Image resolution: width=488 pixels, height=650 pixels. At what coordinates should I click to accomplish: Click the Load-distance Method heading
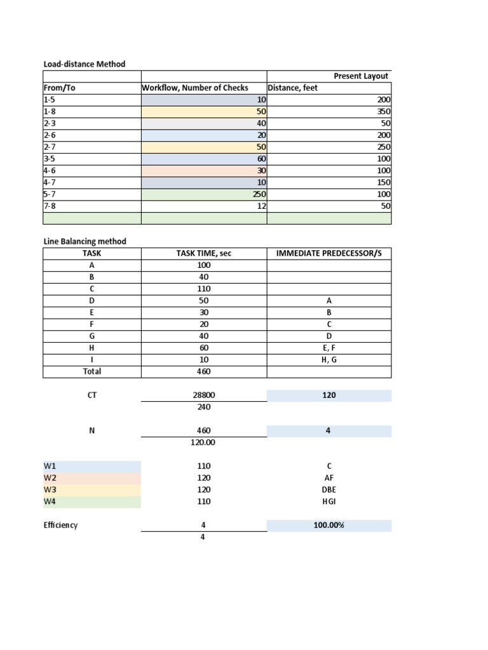click(84, 64)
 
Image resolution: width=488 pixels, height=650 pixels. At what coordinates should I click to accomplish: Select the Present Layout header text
click(361, 76)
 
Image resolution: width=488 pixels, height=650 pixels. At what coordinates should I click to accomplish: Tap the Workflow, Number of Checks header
click(195, 88)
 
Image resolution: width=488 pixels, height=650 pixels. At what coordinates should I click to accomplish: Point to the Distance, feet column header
click(293, 88)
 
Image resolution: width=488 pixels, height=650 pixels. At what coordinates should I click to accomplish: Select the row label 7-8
click(50, 206)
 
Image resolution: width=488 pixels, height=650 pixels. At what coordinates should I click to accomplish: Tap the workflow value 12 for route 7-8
click(261, 206)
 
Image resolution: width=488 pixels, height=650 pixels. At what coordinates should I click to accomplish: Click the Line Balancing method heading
click(85, 241)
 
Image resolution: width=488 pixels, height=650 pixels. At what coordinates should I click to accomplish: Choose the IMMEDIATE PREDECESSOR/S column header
click(329, 253)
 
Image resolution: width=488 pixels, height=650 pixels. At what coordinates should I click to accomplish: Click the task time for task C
click(204, 289)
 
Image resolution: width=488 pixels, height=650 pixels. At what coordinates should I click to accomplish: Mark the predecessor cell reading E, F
click(329, 348)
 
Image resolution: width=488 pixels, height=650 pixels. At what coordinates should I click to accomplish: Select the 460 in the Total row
click(204, 371)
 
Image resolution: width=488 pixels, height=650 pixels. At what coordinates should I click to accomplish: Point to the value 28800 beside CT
click(204, 395)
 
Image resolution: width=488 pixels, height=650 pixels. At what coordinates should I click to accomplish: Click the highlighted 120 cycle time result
click(329, 395)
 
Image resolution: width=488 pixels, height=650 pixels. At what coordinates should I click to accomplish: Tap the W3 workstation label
click(50, 489)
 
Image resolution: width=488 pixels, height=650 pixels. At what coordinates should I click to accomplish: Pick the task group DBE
click(329, 489)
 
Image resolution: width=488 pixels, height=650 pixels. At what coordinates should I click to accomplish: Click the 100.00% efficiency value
click(329, 526)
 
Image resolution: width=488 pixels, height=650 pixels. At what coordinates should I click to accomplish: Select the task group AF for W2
click(329, 478)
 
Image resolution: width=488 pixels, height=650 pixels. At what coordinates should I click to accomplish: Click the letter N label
click(91, 430)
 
